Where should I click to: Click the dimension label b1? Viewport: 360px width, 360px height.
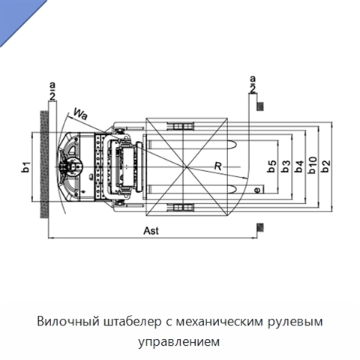pyautogui.click(x=26, y=167)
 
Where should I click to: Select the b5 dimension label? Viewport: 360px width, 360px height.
pyautogui.click(x=272, y=166)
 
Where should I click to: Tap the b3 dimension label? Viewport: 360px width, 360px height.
pyautogui.click(x=286, y=166)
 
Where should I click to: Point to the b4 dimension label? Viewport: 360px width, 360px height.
pyautogui.click(x=299, y=166)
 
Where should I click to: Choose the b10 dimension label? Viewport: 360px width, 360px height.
pyautogui.click(x=313, y=165)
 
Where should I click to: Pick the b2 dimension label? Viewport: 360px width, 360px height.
pyautogui.click(x=325, y=166)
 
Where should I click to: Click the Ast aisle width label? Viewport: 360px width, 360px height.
pyautogui.click(x=151, y=231)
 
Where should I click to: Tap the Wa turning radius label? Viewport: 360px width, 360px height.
pyautogui.click(x=80, y=114)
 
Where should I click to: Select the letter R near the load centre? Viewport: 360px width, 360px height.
pyautogui.click(x=218, y=166)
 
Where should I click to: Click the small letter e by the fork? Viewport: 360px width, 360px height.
pyautogui.click(x=257, y=190)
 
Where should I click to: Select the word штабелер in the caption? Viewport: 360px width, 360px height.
pyautogui.click(x=132, y=321)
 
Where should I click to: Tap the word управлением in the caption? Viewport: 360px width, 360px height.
pyautogui.click(x=179, y=341)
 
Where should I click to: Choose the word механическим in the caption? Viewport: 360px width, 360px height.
pyautogui.click(x=220, y=322)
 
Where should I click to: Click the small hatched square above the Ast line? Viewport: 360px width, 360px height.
pyautogui.click(x=260, y=227)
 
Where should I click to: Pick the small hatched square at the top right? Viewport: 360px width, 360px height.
pyautogui.click(x=260, y=106)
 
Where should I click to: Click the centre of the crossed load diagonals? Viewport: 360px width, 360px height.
pyautogui.click(x=187, y=166)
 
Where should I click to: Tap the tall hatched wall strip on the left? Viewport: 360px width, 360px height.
pyautogui.click(x=44, y=164)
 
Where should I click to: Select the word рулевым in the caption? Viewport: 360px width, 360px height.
pyautogui.click(x=295, y=322)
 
